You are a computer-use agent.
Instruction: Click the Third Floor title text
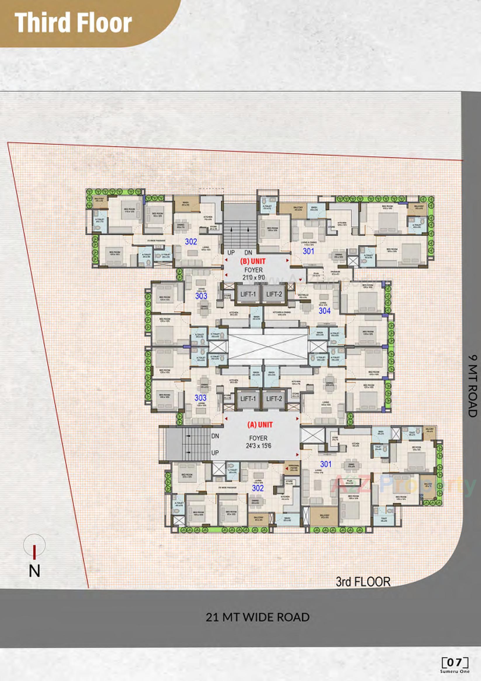[73, 23]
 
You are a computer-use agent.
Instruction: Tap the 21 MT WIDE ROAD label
[258, 617]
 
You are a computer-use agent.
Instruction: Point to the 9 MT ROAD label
[473, 386]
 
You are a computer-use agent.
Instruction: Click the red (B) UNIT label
[253, 261]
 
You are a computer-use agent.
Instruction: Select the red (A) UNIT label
[260, 425]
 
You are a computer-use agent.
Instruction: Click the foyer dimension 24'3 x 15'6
[258, 445]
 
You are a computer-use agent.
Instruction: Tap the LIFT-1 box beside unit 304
[248, 294]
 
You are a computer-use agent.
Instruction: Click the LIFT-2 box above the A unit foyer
[274, 399]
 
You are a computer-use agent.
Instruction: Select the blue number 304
[324, 311]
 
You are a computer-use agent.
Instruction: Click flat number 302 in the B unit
[191, 242]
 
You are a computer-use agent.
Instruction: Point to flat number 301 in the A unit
[326, 464]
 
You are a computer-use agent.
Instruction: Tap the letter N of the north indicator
[34, 571]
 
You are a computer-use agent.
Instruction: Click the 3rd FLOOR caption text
[363, 582]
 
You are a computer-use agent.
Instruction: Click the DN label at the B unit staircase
[248, 253]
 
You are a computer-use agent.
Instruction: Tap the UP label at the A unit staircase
[215, 453]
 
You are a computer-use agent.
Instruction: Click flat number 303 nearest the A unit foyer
[201, 398]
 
